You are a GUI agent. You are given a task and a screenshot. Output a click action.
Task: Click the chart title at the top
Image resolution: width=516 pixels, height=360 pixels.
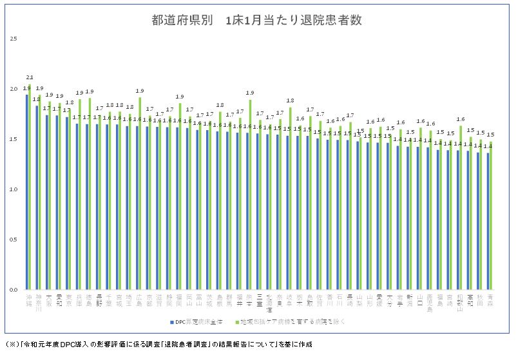[256, 20]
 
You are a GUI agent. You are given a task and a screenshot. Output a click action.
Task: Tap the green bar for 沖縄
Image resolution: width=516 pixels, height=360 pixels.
[30, 187]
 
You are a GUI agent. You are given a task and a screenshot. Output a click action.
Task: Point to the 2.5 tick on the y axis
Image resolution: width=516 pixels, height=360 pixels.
[13, 39]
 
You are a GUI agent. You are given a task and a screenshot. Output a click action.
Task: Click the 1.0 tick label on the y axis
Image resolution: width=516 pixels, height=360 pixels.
[13, 189]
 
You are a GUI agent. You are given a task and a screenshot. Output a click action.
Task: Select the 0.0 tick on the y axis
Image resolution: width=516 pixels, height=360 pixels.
[13, 290]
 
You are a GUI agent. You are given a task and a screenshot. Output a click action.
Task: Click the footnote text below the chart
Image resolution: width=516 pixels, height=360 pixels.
[158, 345]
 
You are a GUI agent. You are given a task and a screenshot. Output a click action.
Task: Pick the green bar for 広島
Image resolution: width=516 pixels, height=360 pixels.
[140, 193]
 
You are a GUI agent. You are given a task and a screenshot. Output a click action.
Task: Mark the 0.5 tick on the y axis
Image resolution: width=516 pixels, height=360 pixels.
[13, 240]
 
